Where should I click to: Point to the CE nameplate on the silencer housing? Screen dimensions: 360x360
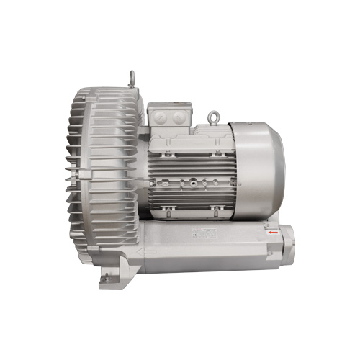pyautogui.click(x=207, y=235)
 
